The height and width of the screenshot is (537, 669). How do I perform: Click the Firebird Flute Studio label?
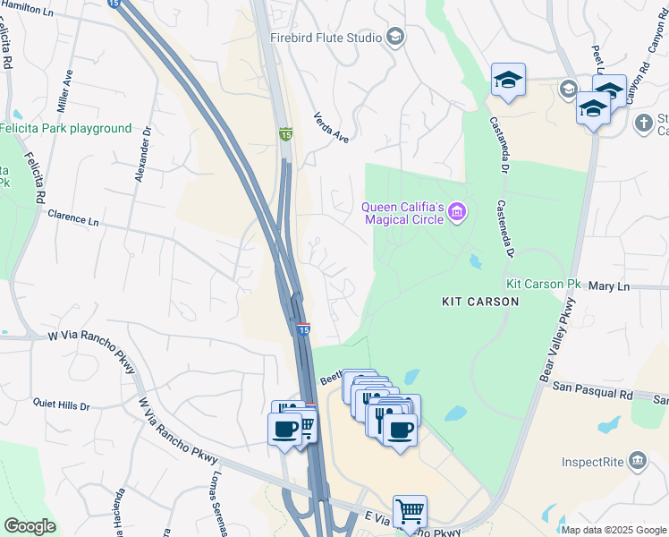[326, 38]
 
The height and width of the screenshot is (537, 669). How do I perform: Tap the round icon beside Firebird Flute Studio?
[395, 37]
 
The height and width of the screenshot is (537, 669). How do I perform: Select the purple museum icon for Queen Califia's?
[457, 212]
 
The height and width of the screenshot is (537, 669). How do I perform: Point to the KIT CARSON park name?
[480, 302]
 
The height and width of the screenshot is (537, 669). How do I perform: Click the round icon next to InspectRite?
[638, 462]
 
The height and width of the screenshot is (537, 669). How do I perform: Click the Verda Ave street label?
[330, 127]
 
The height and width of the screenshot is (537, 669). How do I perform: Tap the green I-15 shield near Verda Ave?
[285, 133]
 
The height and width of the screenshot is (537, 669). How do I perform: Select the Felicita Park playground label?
[65, 129]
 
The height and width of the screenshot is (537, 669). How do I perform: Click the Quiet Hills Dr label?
[62, 405]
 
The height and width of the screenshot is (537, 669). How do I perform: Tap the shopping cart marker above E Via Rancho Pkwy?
[410, 512]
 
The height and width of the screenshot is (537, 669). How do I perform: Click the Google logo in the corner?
[30, 526]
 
